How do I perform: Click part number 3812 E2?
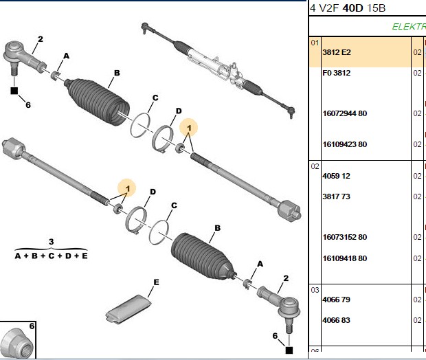coord(337,52)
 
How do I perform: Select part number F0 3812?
coord(337,73)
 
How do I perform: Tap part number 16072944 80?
coord(345,113)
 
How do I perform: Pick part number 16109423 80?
coord(345,144)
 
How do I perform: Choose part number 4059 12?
coord(337,176)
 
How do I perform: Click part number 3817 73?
coord(337,196)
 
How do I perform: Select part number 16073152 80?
coord(345,237)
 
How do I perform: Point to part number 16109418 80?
coord(345,258)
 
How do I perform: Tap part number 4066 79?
coord(337,300)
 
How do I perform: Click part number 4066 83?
coord(337,320)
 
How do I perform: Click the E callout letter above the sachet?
coord(156,282)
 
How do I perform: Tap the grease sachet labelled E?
coord(128,309)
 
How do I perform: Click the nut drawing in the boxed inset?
coord(17,343)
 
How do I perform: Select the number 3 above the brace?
coord(52,242)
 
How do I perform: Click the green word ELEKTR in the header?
coord(409,27)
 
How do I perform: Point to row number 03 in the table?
coord(315,290)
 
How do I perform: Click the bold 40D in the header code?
coord(352,8)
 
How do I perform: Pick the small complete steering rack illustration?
coord(218,70)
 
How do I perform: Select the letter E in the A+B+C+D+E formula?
coord(85,256)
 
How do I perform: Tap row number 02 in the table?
coord(315,166)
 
